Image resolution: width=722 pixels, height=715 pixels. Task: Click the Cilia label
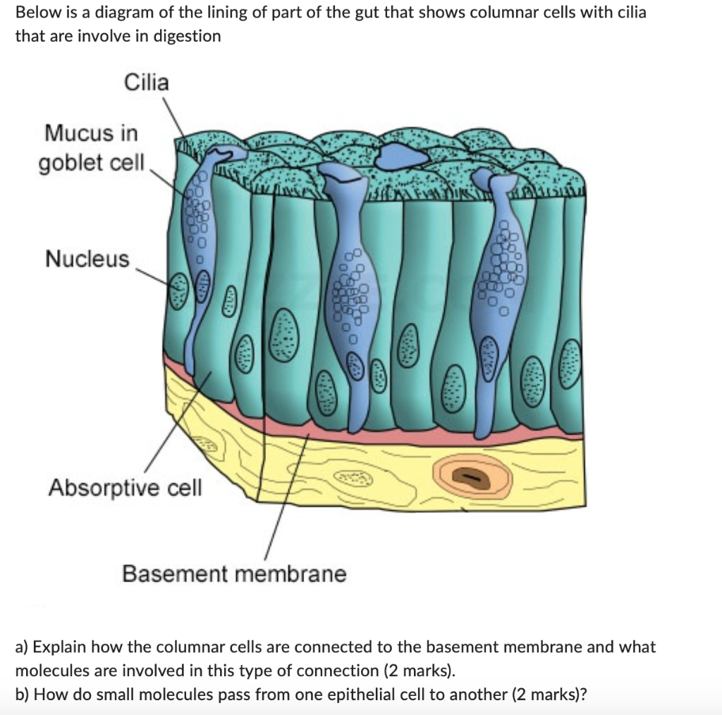click(147, 83)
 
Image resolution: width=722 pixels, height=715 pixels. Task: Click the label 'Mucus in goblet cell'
click(91, 147)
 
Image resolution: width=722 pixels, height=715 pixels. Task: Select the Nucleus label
click(88, 259)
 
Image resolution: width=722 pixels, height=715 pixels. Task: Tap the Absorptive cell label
click(125, 487)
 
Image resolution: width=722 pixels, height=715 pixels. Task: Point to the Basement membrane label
click(234, 574)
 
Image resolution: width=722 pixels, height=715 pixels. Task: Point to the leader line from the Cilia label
click(173, 116)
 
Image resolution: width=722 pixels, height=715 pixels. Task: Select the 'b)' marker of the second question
click(23, 694)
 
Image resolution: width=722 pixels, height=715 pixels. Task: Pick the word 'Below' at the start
click(35, 13)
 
